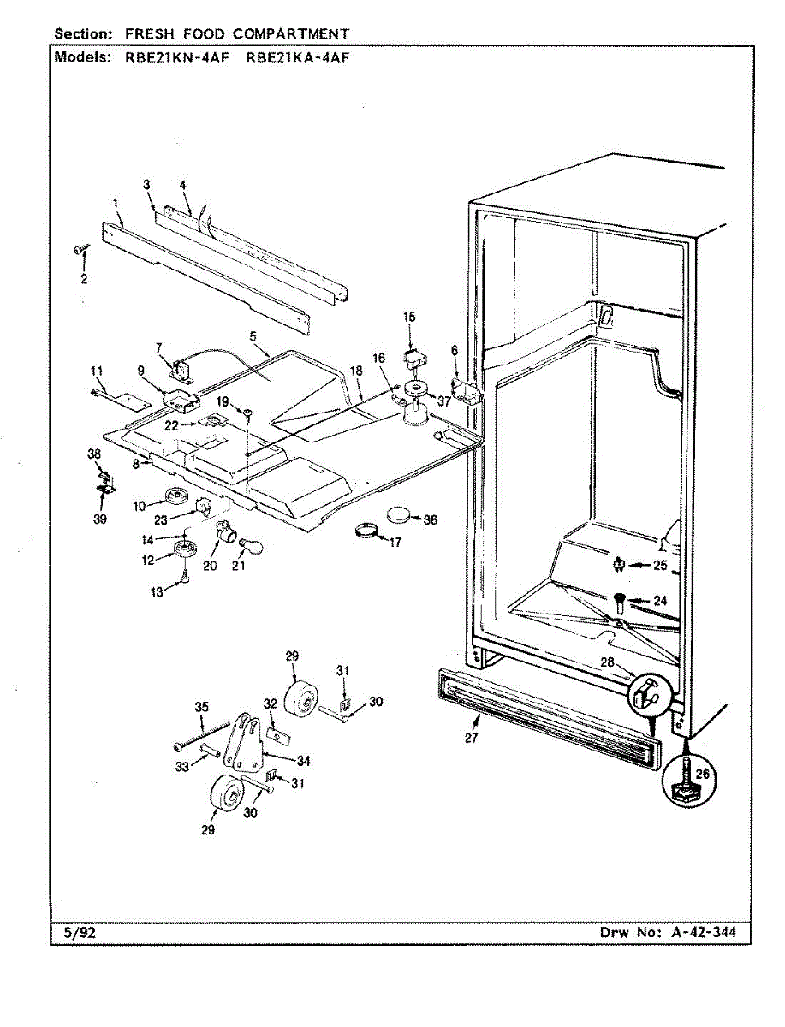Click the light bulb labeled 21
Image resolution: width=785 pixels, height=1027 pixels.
click(x=253, y=543)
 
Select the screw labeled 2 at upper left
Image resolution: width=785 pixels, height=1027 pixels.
click(x=82, y=250)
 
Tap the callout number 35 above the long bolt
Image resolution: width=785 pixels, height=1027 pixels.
click(x=201, y=707)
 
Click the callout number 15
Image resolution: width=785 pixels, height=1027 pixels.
click(x=409, y=318)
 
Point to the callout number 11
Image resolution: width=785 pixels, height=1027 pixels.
click(x=97, y=370)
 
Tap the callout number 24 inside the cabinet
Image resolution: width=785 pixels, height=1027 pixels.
click(x=659, y=601)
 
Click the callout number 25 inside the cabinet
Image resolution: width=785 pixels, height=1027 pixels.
click(x=659, y=564)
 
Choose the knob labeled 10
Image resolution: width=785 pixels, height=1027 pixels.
click(x=177, y=496)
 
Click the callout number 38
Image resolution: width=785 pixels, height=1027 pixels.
click(x=95, y=454)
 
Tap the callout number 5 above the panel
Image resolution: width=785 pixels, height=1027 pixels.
click(x=253, y=337)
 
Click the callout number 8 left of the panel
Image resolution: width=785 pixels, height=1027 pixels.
click(x=136, y=463)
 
